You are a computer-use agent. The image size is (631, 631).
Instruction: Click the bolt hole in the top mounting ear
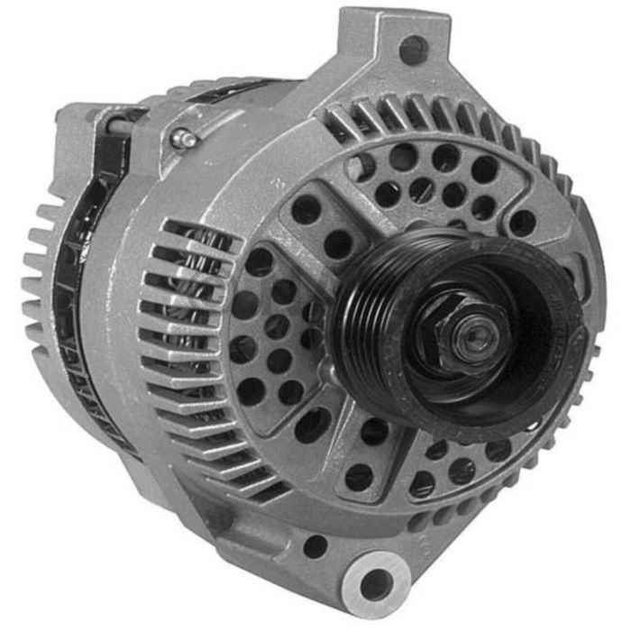point(413,50)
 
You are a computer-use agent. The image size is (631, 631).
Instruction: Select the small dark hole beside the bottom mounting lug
point(315,545)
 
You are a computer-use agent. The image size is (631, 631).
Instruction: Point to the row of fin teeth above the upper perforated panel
point(451,122)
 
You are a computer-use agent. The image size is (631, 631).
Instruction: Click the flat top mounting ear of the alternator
point(397,45)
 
